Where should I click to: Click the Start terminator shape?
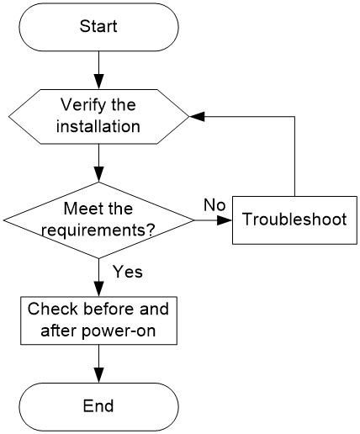pos(98,27)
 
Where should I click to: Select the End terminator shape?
pos(98,407)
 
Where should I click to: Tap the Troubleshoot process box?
pos(294,220)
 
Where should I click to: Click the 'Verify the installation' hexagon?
pos(99,117)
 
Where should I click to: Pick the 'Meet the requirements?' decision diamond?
pos(98,220)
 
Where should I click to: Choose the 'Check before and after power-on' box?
pos(98,320)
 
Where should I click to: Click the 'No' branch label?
pos(214,205)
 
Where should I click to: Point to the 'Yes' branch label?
pos(128,272)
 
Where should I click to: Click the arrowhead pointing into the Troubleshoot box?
pos(225,220)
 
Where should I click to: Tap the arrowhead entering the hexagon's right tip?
pos(198,117)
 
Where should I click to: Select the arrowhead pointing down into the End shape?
pos(99,375)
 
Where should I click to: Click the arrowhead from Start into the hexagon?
pos(99,82)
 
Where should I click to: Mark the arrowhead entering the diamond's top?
pos(99,174)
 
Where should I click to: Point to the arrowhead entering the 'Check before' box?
pos(99,289)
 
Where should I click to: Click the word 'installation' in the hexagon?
pos(98,126)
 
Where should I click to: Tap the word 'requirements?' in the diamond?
pos(98,230)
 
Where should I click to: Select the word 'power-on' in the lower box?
pos(119,331)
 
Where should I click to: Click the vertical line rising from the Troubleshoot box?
pos(294,156)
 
